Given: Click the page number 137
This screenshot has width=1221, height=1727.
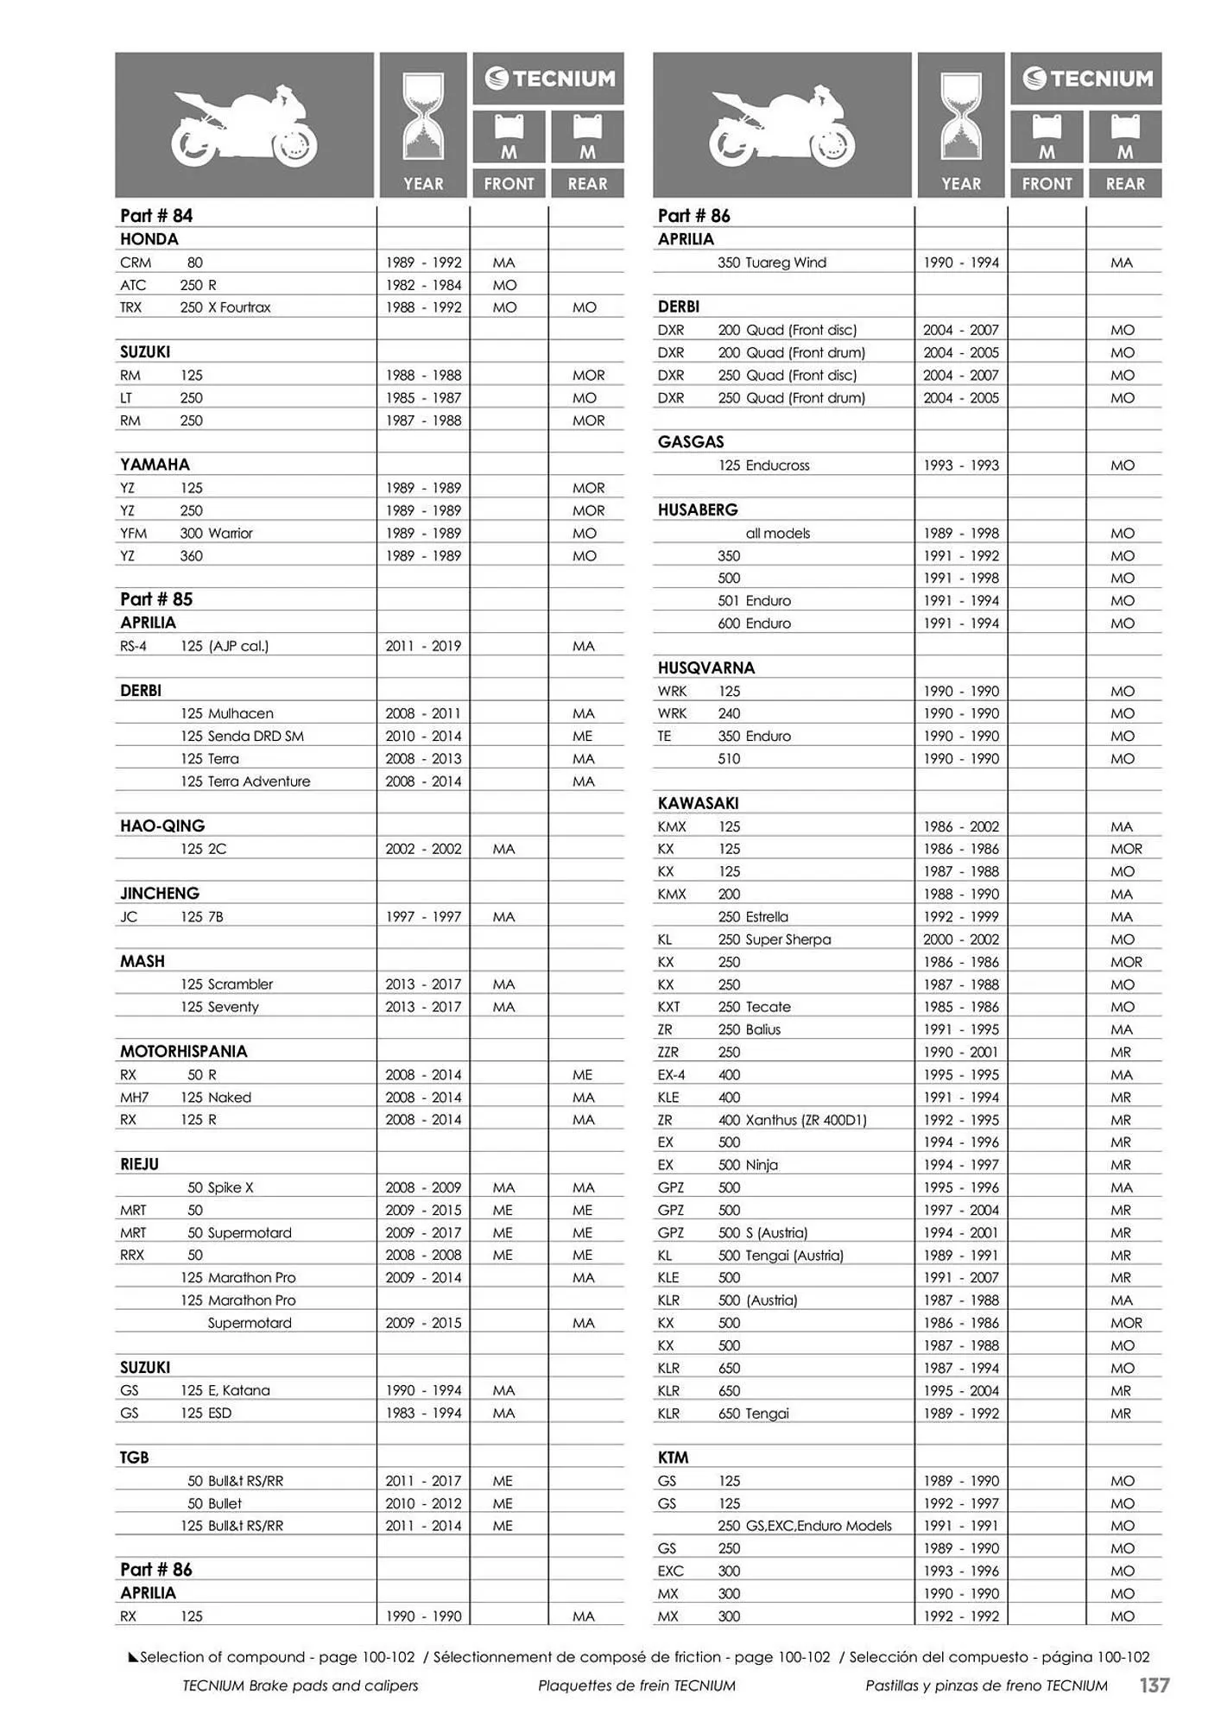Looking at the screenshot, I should pos(1154,1685).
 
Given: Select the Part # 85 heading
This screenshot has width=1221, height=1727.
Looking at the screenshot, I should pos(156,599).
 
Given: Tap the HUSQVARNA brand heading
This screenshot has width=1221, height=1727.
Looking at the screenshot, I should pos(705,667).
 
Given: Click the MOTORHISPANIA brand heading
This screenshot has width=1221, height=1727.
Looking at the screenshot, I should pos(183,1051).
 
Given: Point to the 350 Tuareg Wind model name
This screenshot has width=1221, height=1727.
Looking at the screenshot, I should pos(771,263).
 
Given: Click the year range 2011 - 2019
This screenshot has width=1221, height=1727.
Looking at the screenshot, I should pos(423,646).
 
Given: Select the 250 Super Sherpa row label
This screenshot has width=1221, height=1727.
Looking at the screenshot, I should pos(774,939).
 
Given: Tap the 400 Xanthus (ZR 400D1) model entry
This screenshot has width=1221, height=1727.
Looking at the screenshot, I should pos(792,1120).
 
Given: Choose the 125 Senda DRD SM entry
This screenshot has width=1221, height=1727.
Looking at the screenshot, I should pos(242,736).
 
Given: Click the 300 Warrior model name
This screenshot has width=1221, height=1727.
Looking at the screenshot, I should pos(216,533).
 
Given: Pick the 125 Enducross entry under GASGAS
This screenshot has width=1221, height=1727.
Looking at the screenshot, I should pos(763,465).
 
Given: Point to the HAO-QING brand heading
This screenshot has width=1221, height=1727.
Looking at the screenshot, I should pos(162,826).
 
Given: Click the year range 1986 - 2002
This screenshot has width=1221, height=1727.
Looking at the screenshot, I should pos(960,826).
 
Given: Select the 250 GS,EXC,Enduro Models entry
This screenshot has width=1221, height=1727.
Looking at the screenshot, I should pos(804,1526).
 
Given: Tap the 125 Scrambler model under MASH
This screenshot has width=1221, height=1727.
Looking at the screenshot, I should pos(226,984).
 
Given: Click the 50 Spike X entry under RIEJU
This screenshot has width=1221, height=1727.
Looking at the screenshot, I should pos(220,1187).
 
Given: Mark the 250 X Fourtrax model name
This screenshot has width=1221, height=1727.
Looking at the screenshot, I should pos(225,307).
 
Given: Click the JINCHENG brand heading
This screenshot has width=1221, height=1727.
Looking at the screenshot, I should pos(160,893).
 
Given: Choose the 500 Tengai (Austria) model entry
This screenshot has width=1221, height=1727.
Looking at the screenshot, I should pos(780,1256).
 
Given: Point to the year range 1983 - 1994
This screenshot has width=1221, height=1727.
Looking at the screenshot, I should pos(423,1414).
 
